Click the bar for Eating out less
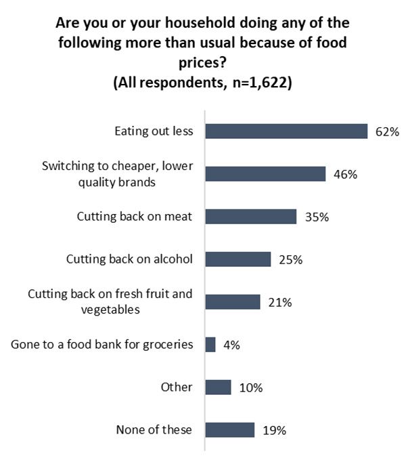pos(286,131)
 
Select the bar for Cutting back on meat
pos(250,217)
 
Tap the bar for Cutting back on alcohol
pos(238,259)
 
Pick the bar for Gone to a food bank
pos(210,345)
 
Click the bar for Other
pos(218,387)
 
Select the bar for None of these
pos(229,430)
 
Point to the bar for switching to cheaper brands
pos(265,174)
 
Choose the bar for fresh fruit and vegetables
pos(232,302)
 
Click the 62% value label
pos(387,131)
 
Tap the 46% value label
pos(345,174)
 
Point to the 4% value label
pos(231,345)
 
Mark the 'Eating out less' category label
pos(153,131)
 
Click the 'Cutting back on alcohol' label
pos(129,259)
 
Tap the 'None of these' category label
pos(154,430)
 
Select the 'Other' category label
pos(177,387)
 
